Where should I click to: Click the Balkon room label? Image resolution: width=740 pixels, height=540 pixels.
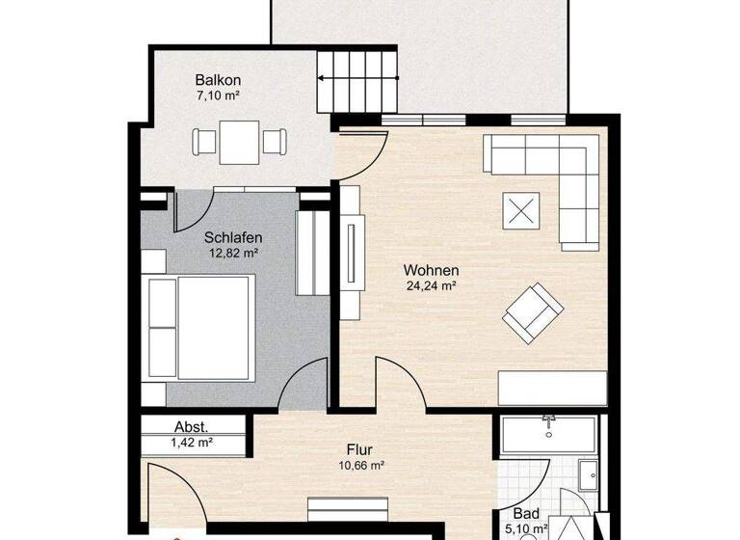[x=218, y=81]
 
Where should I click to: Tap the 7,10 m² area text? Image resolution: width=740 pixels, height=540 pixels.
[x=218, y=97]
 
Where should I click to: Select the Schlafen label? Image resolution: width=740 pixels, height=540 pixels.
[x=233, y=237]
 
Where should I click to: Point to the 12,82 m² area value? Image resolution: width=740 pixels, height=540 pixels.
[x=233, y=254]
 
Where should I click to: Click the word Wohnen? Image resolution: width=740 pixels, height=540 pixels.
[x=431, y=270]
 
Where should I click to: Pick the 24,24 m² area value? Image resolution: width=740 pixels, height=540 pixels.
[x=431, y=285]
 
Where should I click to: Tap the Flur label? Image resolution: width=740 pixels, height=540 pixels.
[x=360, y=449]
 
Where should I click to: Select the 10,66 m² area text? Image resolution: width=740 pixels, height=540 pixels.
[x=360, y=465]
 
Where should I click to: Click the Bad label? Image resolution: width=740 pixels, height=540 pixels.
[x=525, y=514]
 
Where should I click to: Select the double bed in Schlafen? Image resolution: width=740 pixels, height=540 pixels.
[x=198, y=326]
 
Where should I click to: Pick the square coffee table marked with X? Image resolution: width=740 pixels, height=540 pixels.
[x=521, y=210]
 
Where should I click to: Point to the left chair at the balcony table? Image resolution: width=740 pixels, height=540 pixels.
[x=205, y=142]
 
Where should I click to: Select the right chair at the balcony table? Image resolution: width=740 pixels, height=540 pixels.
[x=275, y=142]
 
